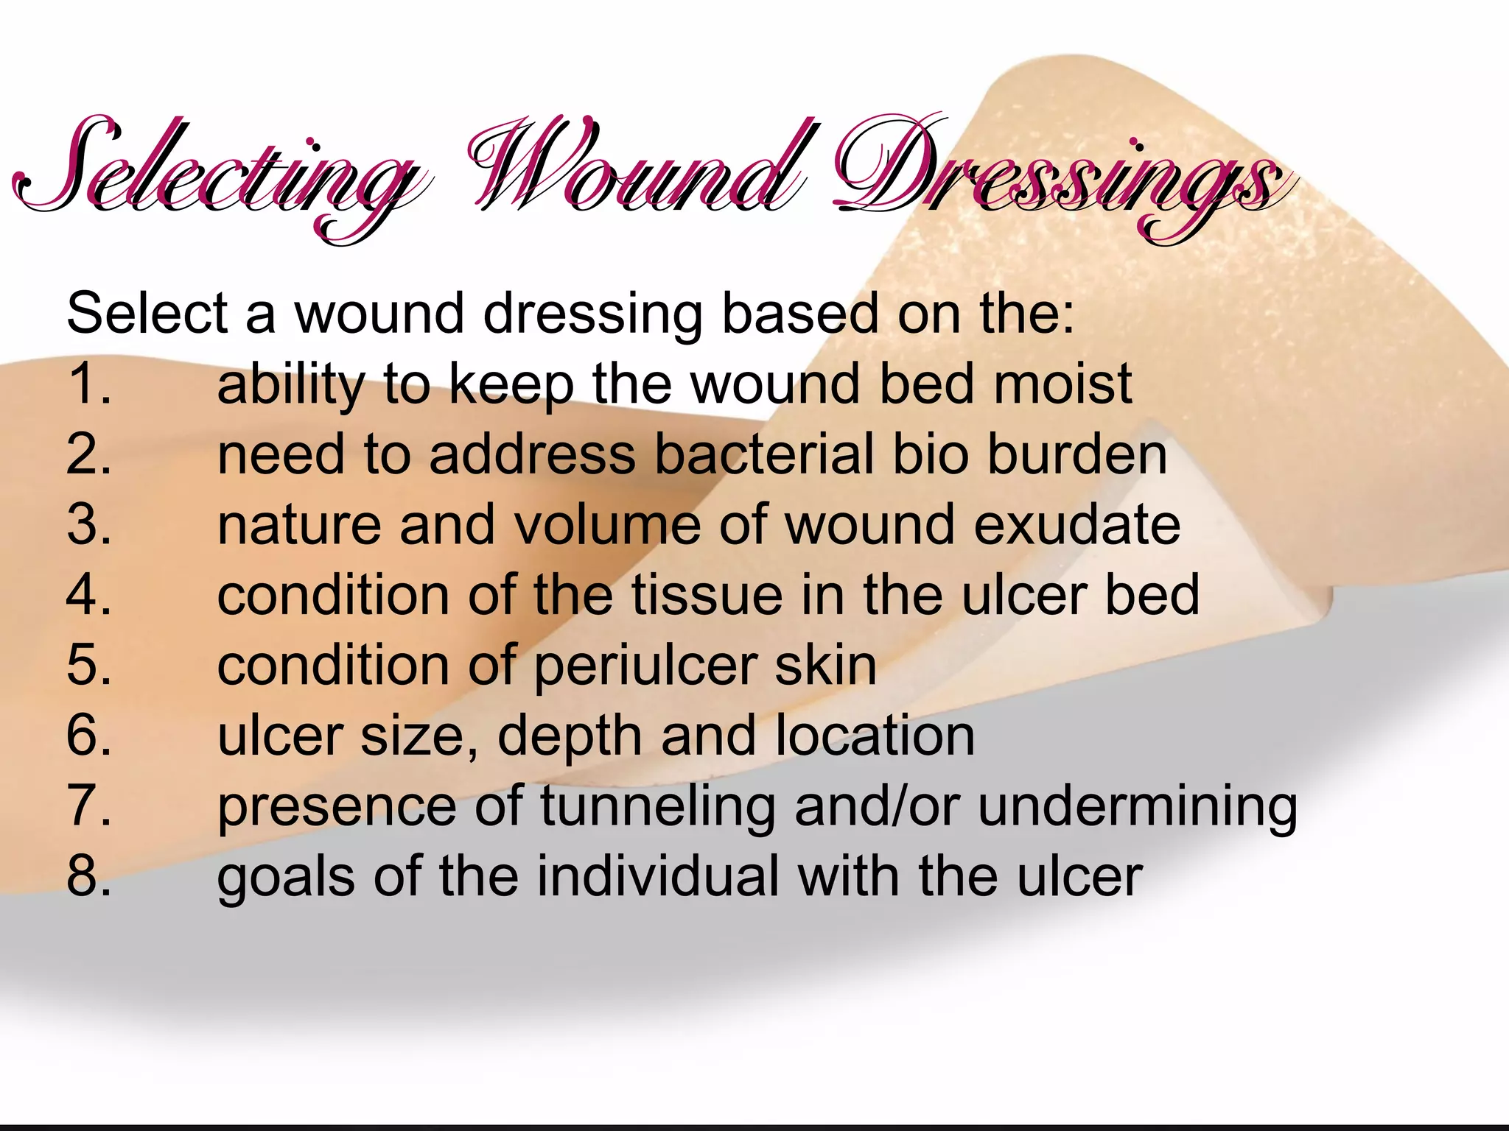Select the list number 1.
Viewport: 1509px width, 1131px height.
tap(89, 384)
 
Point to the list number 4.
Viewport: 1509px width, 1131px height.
tap(89, 595)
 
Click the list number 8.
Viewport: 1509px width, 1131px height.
tap(89, 876)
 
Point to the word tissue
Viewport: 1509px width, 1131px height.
tap(707, 595)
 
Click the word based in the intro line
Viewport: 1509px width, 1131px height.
tap(799, 314)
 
